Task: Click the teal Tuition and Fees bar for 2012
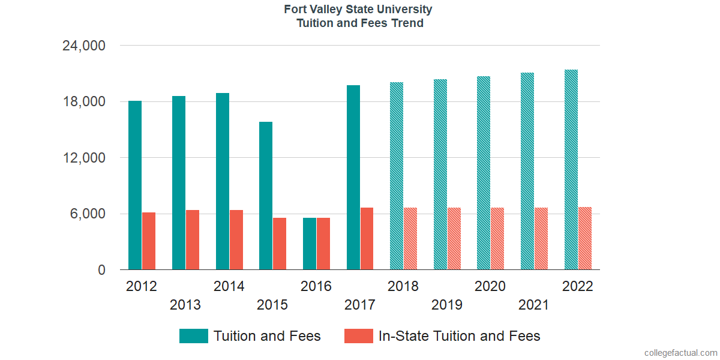(x=135, y=185)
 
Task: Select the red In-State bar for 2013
(x=193, y=240)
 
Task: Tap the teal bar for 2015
(x=266, y=196)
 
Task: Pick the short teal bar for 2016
(x=310, y=244)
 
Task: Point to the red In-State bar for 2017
(x=367, y=239)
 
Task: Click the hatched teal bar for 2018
(x=397, y=176)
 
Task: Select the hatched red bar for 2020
(x=497, y=239)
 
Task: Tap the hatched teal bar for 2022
(x=571, y=170)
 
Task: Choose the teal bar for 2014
(x=223, y=181)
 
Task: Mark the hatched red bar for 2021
(x=541, y=239)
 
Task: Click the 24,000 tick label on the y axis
(x=84, y=46)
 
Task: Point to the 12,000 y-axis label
(x=84, y=158)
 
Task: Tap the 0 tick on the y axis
(x=102, y=270)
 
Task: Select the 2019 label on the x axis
(x=447, y=305)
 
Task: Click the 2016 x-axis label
(x=316, y=286)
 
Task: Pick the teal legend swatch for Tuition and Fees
(x=194, y=336)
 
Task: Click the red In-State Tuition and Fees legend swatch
(x=359, y=336)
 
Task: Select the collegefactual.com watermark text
(x=680, y=353)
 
